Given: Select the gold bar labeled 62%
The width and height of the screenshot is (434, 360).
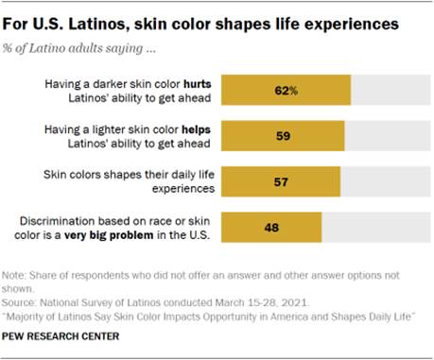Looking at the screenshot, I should pos(286,91).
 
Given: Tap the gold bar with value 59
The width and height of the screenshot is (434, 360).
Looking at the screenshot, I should pos(282,134).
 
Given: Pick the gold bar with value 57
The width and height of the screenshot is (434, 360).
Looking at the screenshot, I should pos(280,181).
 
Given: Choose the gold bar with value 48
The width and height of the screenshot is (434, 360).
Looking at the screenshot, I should pos(270,227).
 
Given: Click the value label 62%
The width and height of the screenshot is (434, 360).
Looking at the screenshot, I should pos(286,91).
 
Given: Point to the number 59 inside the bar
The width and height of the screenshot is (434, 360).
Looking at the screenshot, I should pos(282,135).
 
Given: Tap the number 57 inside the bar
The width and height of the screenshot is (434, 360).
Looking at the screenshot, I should pos(280,181).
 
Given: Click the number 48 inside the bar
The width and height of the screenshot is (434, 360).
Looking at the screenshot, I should pos(270,227).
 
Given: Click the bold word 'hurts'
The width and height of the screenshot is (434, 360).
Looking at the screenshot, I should pos(196,84).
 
